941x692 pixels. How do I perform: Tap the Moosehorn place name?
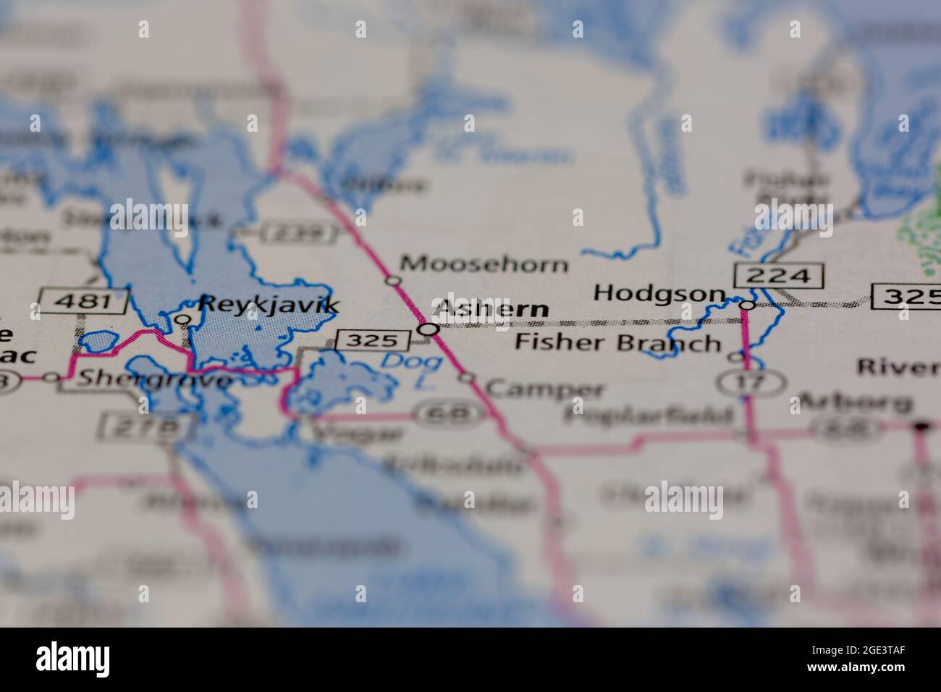[484, 264]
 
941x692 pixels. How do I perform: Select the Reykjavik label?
[269, 305]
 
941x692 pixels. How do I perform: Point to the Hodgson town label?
[659, 293]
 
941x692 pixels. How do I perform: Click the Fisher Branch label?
[617, 342]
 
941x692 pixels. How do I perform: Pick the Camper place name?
[544, 389]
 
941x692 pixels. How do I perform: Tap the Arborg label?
[853, 402]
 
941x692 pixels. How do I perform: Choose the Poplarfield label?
[649, 415]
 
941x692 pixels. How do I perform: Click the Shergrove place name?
[155, 379]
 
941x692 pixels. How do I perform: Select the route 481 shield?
[84, 300]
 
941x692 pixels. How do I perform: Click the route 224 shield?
[778, 275]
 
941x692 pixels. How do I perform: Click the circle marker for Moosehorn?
[393, 280]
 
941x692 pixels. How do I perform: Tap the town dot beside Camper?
[468, 377]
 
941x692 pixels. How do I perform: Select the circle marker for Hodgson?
[747, 305]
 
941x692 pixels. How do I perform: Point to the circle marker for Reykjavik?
[184, 318]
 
